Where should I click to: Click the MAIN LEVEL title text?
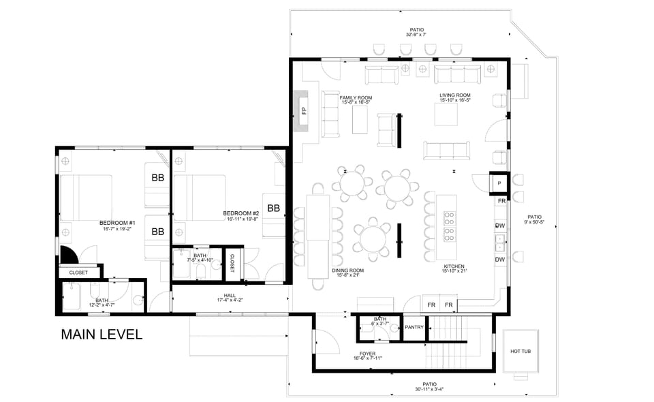click(101, 335)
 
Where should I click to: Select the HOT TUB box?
click(521, 352)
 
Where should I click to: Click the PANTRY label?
click(414, 328)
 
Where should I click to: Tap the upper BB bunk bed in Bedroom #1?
click(157, 178)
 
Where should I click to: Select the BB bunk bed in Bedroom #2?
click(274, 208)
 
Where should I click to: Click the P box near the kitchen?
click(499, 183)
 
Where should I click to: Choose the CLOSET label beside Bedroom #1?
click(78, 273)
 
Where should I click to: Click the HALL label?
click(211, 298)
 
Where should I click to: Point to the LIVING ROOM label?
click(455, 96)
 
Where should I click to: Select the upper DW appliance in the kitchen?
click(500, 226)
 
